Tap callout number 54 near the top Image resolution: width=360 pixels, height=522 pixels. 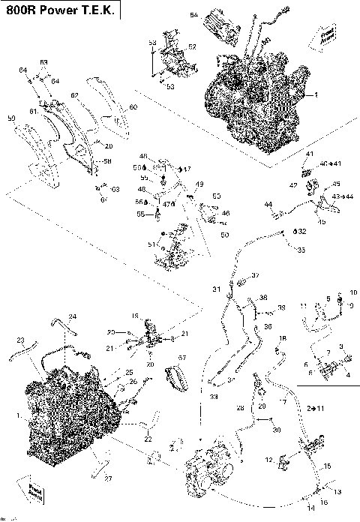[193, 16]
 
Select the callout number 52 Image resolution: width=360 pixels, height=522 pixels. [192, 46]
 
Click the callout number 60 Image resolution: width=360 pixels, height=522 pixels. [133, 108]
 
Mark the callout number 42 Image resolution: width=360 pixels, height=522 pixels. [294, 184]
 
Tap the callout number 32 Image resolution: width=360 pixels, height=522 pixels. [301, 232]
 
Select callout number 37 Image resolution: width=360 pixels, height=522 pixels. [254, 276]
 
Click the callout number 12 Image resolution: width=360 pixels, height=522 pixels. [268, 458]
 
